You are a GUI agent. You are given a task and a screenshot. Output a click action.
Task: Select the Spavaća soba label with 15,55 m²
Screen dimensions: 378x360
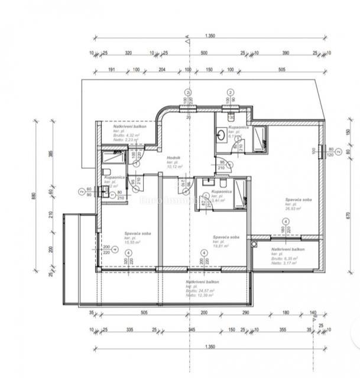(137, 233)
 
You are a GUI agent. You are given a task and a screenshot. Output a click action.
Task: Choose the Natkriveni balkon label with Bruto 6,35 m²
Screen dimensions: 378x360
(288, 250)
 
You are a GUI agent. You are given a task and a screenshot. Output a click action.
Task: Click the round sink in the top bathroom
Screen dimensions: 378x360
(220, 135)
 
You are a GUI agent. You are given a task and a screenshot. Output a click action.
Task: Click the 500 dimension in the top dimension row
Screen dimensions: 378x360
(203, 53)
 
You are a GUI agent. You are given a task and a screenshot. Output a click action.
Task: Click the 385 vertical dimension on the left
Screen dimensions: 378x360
(50, 155)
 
